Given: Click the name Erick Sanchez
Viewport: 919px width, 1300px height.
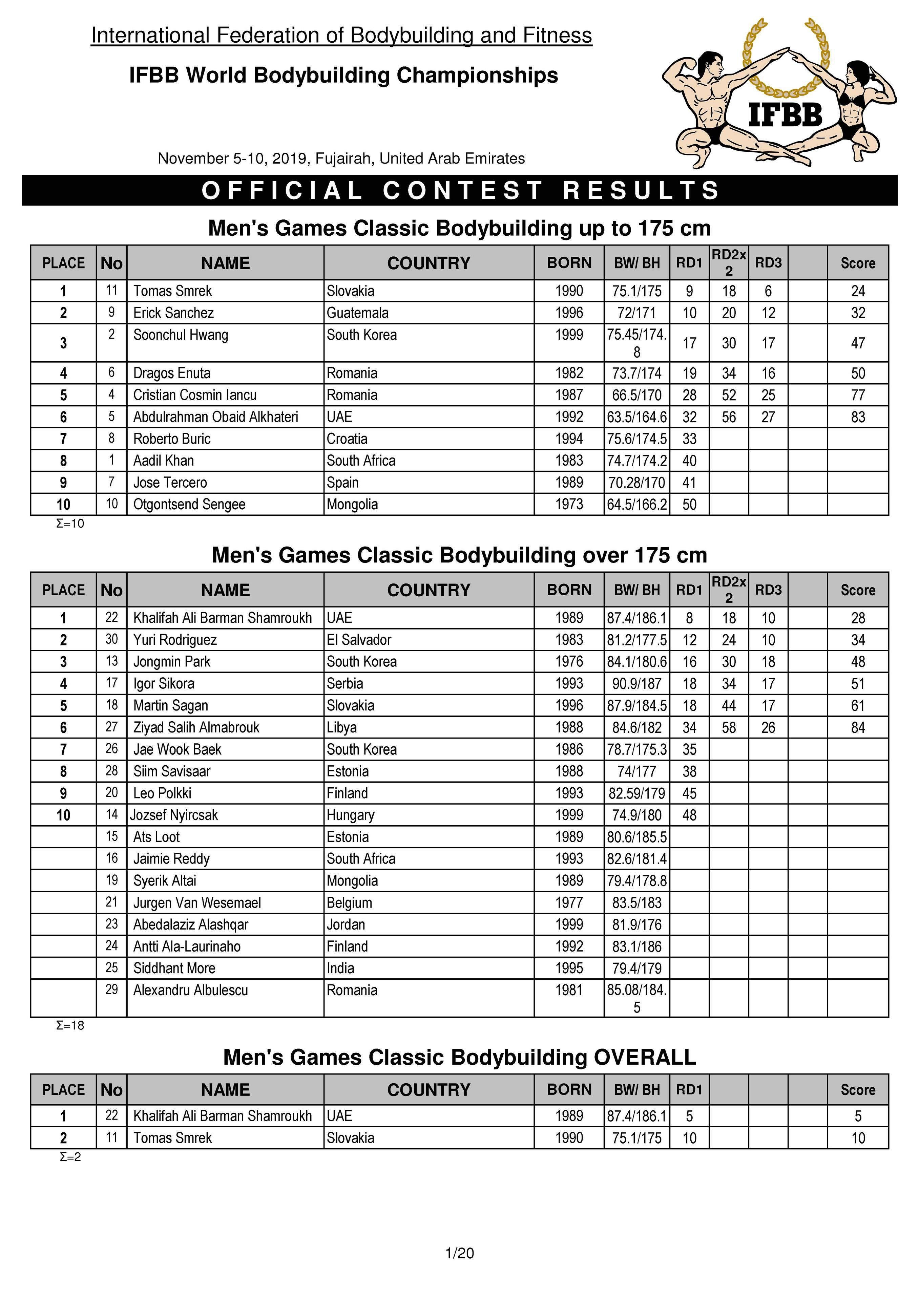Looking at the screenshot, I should (x=173, y=313).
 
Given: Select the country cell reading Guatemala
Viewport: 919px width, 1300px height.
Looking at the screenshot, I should (x=358, y=313).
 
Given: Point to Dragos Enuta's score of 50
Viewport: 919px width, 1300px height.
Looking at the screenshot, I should (x=857, y=373).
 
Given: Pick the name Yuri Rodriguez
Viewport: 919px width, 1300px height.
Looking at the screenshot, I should (x=175, y=640).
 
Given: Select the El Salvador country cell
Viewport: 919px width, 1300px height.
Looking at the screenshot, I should (x=358, y=640).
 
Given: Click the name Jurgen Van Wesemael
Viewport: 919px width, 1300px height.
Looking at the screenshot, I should (x=197, y=902).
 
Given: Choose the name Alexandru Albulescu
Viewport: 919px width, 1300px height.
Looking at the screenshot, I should (x=190, y=990).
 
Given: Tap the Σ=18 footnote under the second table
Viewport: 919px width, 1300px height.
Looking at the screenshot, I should (x=70, y=1025).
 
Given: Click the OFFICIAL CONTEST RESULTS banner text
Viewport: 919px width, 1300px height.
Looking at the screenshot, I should (x=460, y=190).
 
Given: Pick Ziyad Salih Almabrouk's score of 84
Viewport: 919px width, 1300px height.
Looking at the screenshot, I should (x=857, y=728).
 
